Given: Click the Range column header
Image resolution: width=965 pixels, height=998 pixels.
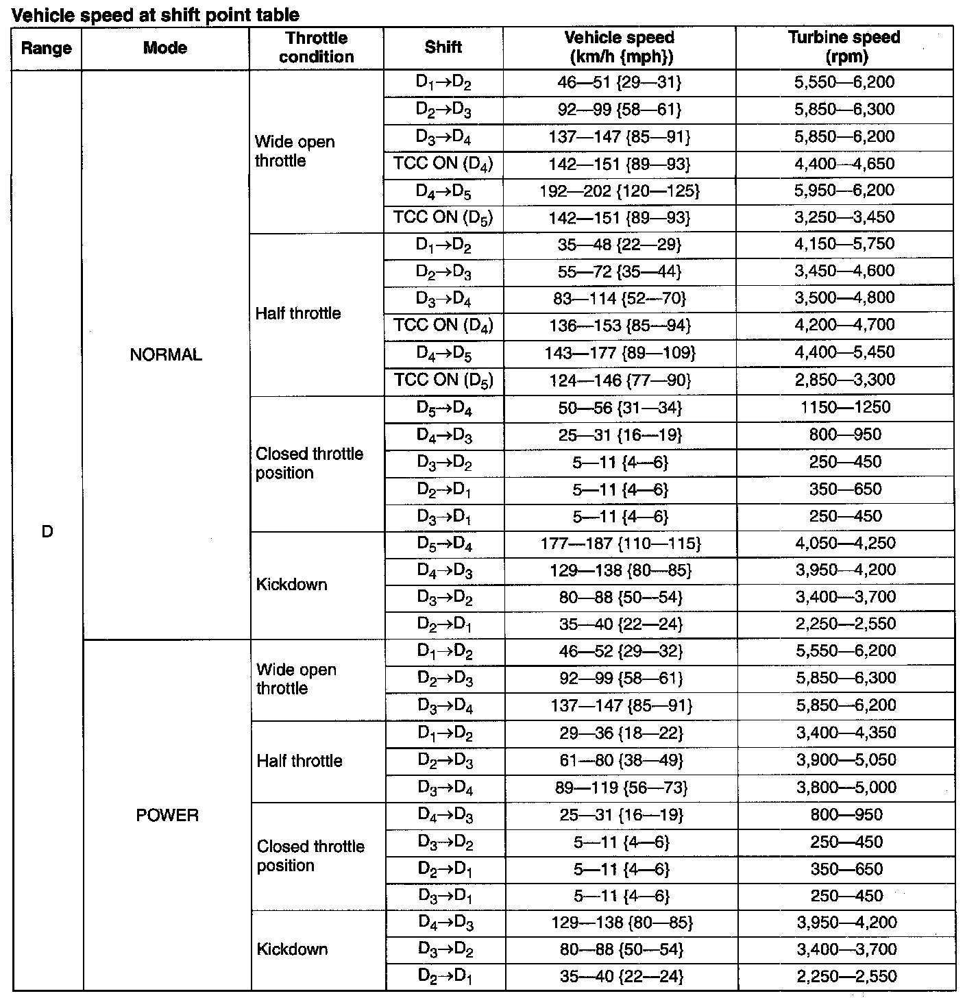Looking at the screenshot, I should [x=46, y=48].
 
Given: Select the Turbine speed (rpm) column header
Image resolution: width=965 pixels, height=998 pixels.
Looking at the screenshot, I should [x=844, y=47].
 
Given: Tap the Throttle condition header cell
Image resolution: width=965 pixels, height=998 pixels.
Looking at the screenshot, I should [x=316, y=47].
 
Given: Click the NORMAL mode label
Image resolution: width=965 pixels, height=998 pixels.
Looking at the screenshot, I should [x=166, y=354].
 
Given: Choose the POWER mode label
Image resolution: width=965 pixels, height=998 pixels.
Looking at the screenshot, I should [x=167, y=815].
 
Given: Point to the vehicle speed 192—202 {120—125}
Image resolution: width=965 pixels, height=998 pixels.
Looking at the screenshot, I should [x=620, y=191].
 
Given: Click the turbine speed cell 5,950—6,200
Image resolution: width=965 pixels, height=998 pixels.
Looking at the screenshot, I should [x=844, y=191].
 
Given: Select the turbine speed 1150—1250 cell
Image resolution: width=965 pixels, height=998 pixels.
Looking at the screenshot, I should [x=845, y=407].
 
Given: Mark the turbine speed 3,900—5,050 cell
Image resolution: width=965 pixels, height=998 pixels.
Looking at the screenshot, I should [x=846, y=759].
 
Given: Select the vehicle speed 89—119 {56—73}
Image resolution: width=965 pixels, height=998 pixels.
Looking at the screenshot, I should [x=622, y=788].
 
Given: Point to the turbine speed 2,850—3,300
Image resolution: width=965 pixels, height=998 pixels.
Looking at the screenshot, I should [x=844, y=380].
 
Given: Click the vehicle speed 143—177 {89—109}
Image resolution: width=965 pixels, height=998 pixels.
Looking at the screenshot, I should [x=620, y=352].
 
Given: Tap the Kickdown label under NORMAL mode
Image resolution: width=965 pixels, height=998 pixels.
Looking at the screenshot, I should [x=292, y=585].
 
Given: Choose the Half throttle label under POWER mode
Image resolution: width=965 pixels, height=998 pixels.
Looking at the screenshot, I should [x=300, y=761].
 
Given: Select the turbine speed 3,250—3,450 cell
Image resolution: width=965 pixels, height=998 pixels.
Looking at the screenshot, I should [x=844, y=217].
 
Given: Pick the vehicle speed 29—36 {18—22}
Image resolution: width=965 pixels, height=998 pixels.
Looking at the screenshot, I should [x=621, y=733].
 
